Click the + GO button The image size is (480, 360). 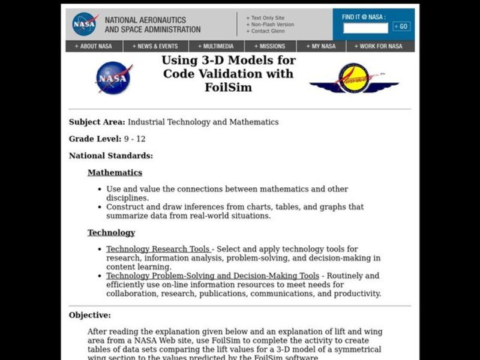click(x=401, y=26)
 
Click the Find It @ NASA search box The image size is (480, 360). click(x=365, y=28)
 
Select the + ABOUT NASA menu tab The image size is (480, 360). click(x=93, y=46)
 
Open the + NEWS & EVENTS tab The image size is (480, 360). click(x=155, y=46)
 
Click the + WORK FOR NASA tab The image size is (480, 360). click(x=378, y=46)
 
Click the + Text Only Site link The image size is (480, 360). click(x=265, y=18)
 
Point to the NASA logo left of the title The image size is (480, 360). click(x=113, y=79)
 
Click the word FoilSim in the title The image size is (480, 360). click(x=227, y=87)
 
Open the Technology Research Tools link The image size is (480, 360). click(x=158, y=249)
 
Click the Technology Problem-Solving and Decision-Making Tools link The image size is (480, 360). click(x=212, y=276)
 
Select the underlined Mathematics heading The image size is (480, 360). click(x=115, y=173)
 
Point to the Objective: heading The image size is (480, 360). click(x=90, y=315)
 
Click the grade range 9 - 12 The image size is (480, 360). click(x=135, y=139)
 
